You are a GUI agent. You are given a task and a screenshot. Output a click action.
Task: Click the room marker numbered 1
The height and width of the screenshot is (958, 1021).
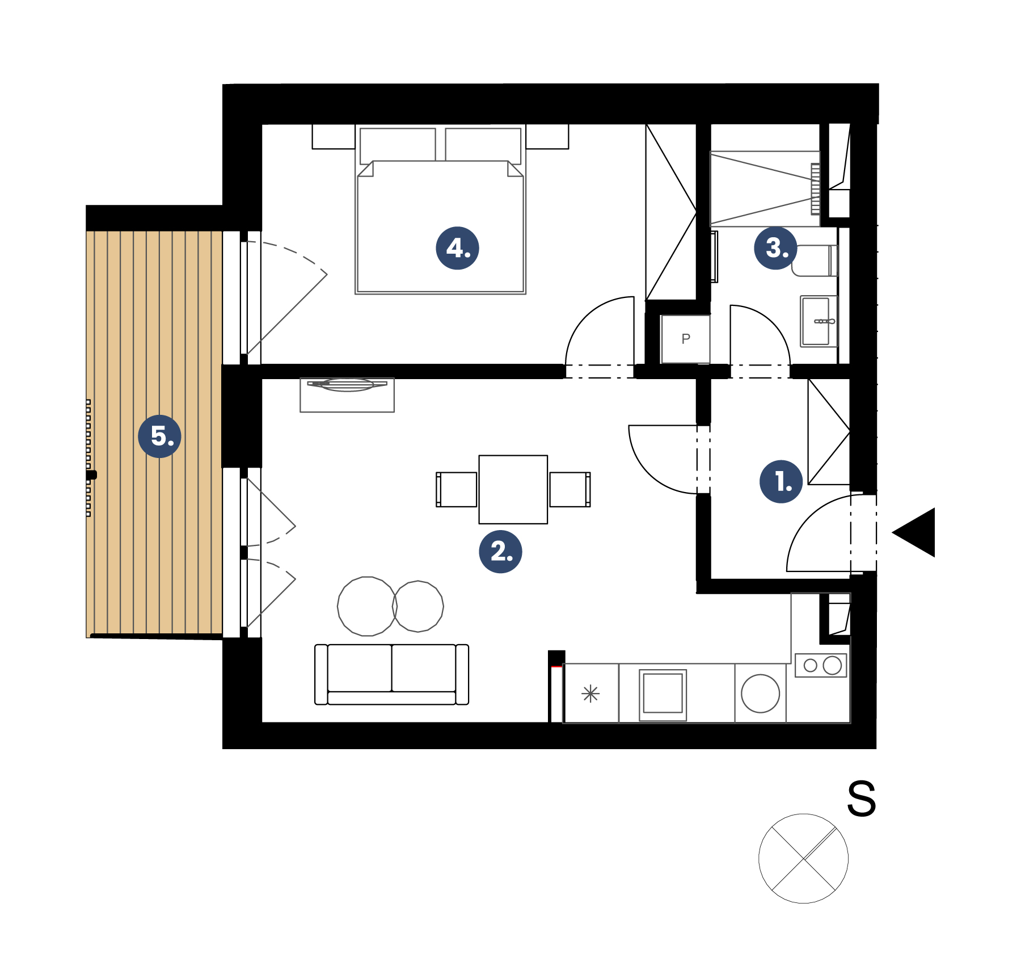point(781,481)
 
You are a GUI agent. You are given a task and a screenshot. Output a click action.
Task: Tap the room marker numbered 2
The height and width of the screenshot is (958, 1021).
point(500,551)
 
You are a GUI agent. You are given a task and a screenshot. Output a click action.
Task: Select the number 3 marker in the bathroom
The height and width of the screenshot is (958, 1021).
point(775,248)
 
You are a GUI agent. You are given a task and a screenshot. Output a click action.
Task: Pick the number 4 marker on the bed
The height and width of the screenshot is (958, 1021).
point(457,248)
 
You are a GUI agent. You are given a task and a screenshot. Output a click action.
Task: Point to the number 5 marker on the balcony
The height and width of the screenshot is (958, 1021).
point(160,436)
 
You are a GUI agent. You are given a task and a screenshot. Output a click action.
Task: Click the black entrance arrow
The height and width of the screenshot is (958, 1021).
point(914,532)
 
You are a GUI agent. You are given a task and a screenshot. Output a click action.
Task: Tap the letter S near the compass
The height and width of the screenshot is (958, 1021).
point(861,799)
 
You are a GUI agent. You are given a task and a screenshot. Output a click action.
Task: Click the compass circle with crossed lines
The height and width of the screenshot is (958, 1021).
point(803,858)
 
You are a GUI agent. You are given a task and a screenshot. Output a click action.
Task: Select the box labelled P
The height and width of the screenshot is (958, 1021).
point(685,339)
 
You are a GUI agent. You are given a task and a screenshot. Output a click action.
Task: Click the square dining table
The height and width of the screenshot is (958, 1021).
point(513,489)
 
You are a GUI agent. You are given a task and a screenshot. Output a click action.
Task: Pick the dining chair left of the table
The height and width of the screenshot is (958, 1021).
point(457,489)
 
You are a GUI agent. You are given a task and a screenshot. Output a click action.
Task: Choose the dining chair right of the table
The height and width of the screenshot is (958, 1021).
point(570,489)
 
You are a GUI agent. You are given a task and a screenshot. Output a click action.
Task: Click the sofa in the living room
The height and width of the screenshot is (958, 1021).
point(391,674)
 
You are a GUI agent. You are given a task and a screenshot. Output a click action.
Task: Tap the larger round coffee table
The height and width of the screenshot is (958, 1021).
point(367,606)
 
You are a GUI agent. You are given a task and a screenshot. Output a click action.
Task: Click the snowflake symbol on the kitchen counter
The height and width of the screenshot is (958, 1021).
point(590,694)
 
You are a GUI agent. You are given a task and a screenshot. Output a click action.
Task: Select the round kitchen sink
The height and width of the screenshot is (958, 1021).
point(760,693)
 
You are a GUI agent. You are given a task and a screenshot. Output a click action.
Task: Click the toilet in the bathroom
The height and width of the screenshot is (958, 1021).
point(815,261)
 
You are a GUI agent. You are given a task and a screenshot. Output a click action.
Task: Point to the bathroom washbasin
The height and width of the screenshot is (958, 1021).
point(819,321)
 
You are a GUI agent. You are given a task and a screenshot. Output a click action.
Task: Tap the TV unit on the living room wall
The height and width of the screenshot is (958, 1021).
point(347,395)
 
